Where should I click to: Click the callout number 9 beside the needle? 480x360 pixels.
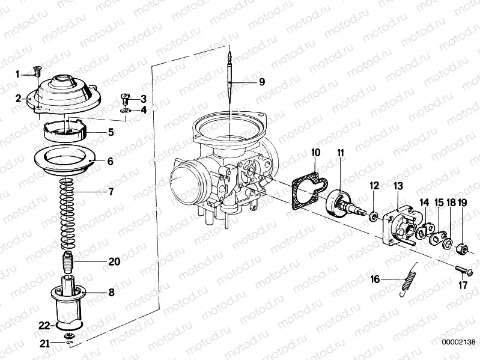261,82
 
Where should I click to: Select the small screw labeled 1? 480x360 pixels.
37,72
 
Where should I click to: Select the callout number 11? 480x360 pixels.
340,154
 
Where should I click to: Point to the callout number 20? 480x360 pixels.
114,261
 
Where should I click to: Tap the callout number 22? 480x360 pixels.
43,326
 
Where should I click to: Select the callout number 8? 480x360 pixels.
111,294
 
